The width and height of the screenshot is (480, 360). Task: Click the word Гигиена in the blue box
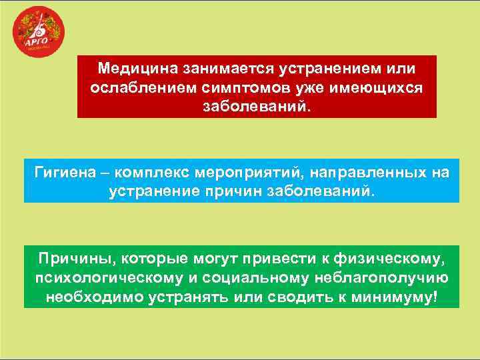(63, 173)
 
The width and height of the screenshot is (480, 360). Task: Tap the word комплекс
(153, 173)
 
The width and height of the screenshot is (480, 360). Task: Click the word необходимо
(93, 297)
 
